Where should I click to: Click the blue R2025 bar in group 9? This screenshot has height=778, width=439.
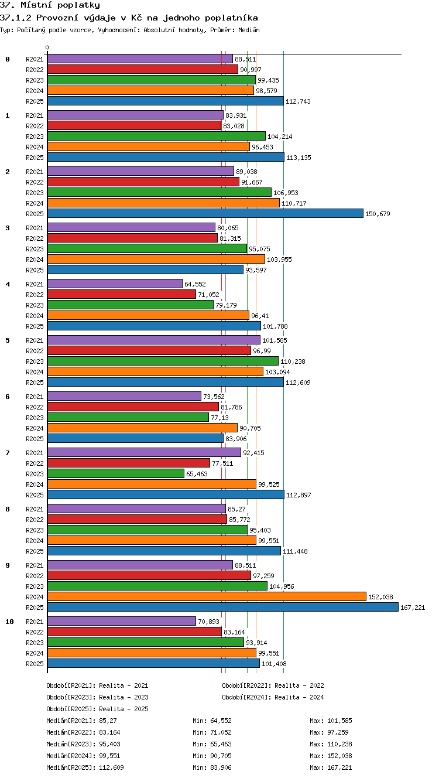pyautogui.click(x=223, y=607)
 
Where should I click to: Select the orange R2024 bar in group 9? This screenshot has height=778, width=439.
pyautogui.click(x=207, y=596)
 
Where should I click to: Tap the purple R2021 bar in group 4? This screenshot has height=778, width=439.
pyautogui.click(x=115, y=284)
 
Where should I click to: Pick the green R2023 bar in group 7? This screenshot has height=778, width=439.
pyautogui.click(x=116, y=473)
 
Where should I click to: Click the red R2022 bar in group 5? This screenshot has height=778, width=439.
pyautogui.click(x=149, y=350)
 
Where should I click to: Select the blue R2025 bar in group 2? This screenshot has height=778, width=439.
pyautogui.click(x=205, y=213)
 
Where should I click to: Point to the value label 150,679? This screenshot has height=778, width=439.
pyautogui.click(x=378, y=214)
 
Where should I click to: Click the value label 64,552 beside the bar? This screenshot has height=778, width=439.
pyautogui.click(x=195, y=284)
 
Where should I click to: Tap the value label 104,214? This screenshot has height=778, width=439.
pyautogui.click(x=280, y=137)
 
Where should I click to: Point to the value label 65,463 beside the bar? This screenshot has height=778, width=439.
pyautogui.click(x=197, y=474)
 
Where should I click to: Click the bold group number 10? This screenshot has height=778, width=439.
pyautogui.click(x=9, y=622)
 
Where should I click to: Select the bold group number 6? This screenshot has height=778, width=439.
pyautogui.click(x=8, y=396)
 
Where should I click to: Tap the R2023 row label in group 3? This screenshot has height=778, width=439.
pyautogui.click(x=35, y=249)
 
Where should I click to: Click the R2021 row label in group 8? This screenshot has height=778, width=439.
pyautogui.click(x=35, y=509)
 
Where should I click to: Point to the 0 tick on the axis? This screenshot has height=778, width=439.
pyautogui.click(x=47, y=47)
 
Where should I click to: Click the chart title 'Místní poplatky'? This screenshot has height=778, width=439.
pyautogui.click(x=60, y=5)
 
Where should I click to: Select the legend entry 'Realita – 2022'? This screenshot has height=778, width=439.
pyautogui.click(x=299, y=685)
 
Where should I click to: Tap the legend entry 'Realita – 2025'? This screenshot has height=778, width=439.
pyautogui.click(x=124, y=709)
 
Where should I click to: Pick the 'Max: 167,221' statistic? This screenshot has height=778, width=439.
pyautogui.click(x=331, y=767)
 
